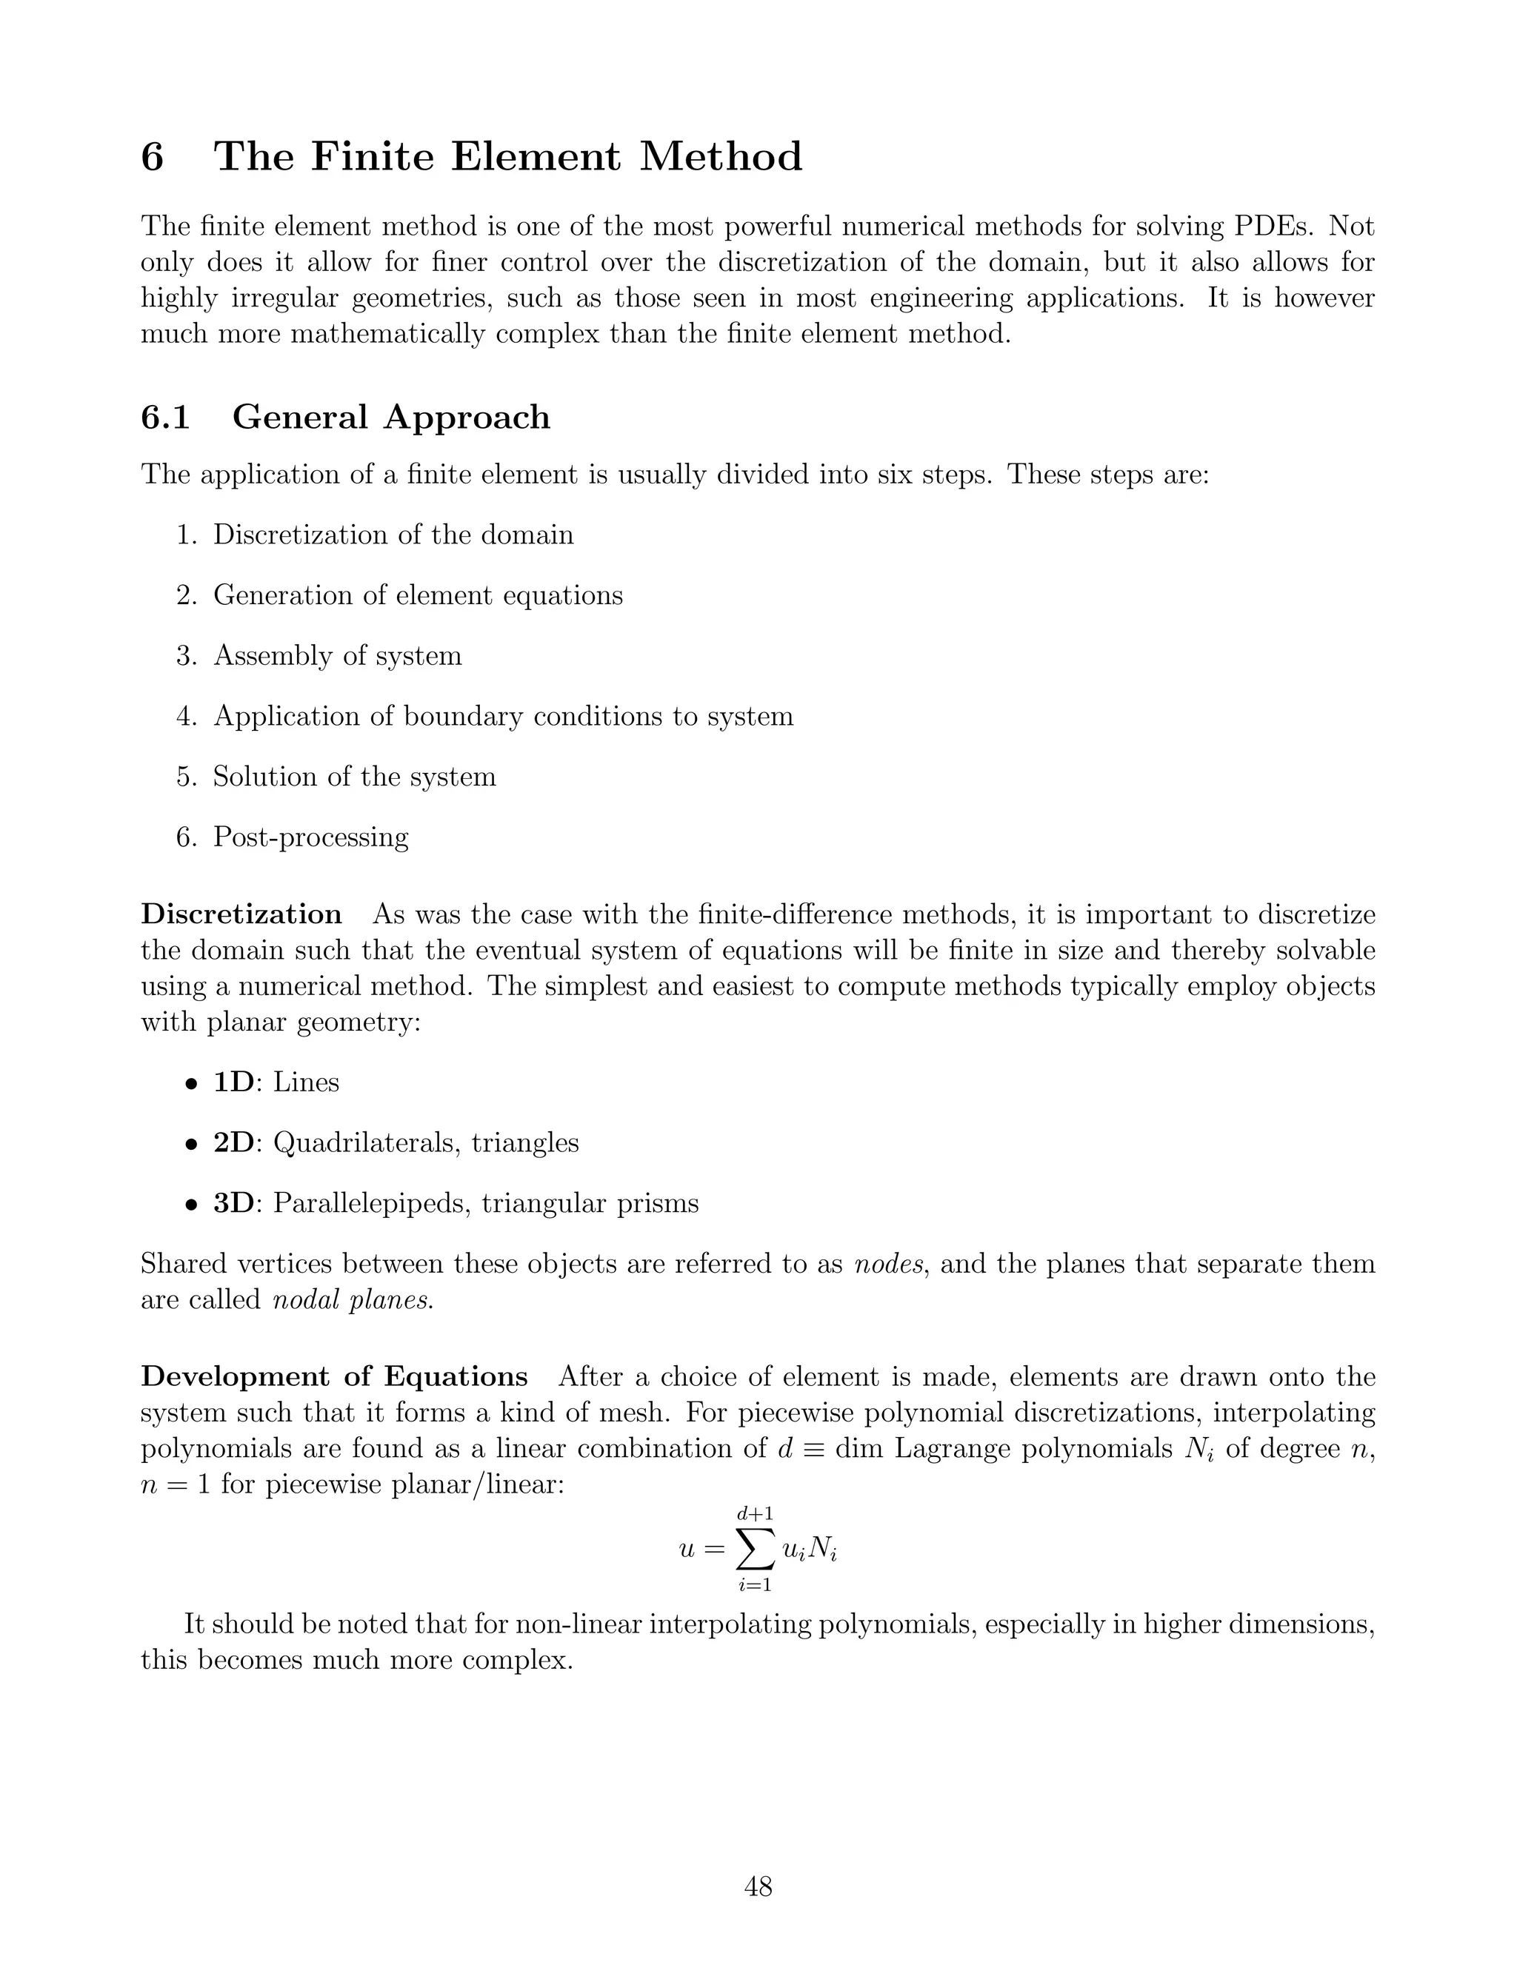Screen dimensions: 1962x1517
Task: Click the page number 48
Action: [758, 1886]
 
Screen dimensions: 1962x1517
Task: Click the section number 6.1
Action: [165, 418]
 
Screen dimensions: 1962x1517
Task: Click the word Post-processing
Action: [310, 837]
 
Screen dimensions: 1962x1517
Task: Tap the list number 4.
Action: [186, 717]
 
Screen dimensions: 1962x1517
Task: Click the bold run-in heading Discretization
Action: [241, 914]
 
